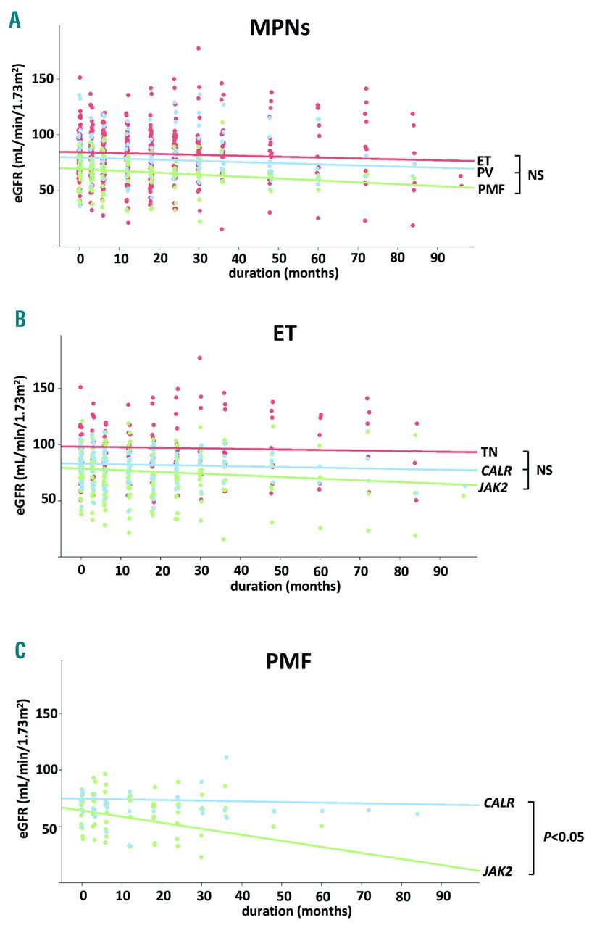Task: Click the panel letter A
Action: point(14,20)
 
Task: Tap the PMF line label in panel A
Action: point(490,190)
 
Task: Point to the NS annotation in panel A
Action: point(537,175)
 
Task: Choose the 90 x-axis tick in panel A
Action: point(436,258)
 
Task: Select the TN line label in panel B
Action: point(489,452)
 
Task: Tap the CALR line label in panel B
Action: point(495,469)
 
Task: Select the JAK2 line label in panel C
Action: point(497,871)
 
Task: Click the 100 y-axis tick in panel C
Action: point(41,769)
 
